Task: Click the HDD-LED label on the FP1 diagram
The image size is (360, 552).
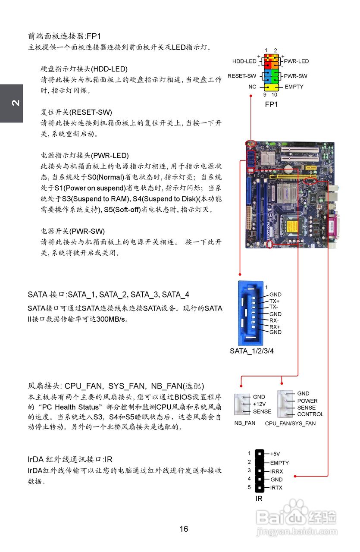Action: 244,61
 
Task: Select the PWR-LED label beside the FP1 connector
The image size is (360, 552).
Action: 296,61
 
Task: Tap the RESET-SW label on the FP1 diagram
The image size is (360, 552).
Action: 242,76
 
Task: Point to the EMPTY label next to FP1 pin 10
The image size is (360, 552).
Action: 294,87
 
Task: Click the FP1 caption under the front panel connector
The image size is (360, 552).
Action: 271,104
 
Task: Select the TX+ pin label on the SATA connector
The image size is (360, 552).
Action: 275,301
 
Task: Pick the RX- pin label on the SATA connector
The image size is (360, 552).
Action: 274,320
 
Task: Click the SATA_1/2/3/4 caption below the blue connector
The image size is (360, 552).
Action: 252,351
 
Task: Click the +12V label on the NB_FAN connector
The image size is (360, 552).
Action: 260,404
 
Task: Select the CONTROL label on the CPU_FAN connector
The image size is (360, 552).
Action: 310,414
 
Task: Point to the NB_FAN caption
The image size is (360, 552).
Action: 245,423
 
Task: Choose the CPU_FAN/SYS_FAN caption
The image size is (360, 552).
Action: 290,423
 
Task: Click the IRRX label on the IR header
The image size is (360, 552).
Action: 277,471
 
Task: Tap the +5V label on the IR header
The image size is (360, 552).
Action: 275,454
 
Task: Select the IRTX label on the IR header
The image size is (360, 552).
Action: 277,488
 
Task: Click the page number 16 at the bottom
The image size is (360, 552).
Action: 184,529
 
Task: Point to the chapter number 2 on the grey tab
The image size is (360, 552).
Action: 15,103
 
